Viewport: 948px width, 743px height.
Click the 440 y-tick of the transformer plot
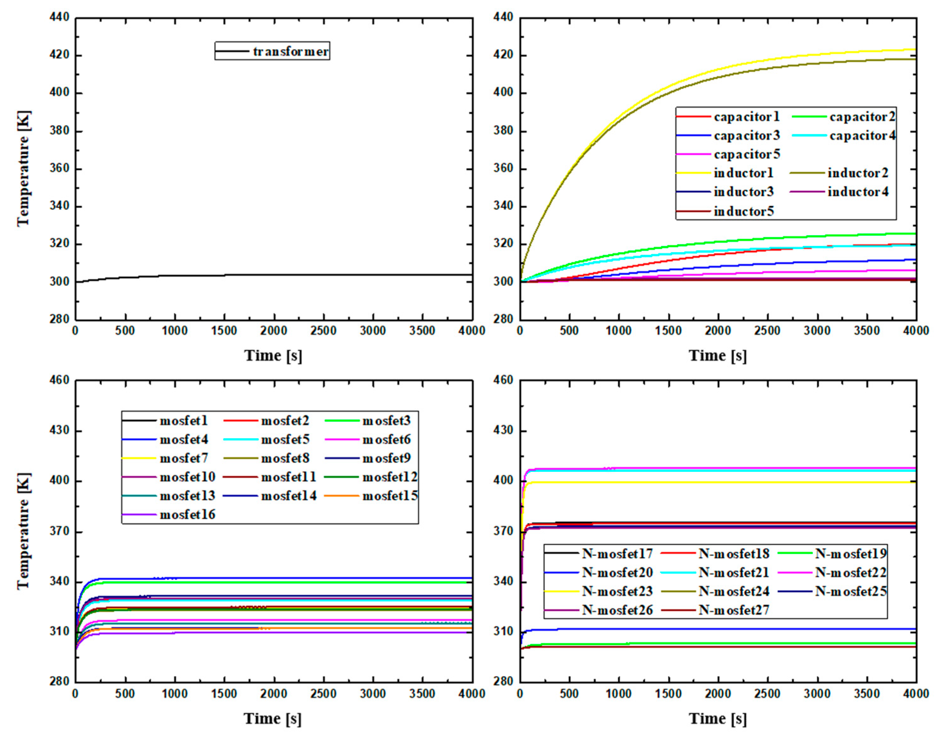point(60,17)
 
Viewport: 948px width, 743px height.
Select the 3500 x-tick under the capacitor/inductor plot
point(867,331)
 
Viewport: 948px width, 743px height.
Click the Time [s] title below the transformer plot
point(273,356)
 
